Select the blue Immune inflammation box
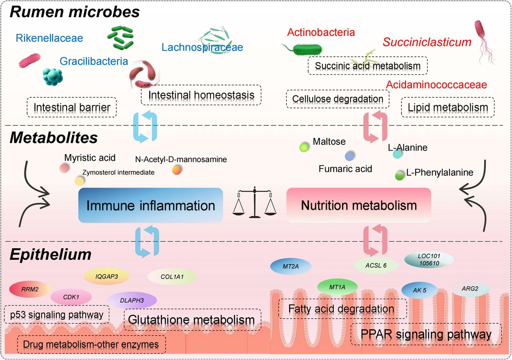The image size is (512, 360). pyautogui.click(x=151, y=206)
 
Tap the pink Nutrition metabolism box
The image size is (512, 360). pyautogui.click(x=358, y=206)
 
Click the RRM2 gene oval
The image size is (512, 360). pyautogui.click(x=26, y=290)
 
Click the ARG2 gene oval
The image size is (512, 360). pyautogui.click(x=469, y=289)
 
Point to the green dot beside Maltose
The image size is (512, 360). pyautogui.click(x=304, y=148)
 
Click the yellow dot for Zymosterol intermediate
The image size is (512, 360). pyautogui.click(x=79, y=181)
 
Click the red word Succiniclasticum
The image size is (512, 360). pyautogui.click(x=427, y=42)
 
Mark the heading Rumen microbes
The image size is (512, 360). pyautogui.click(x=75, y=12)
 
